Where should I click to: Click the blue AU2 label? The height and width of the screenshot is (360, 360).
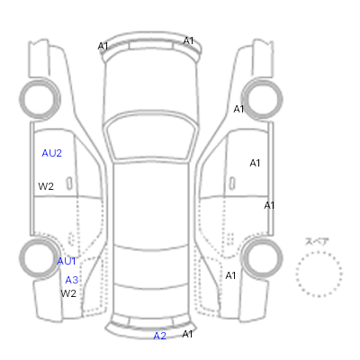pos(51,153)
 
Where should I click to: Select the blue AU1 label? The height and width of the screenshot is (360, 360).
pos(67,261)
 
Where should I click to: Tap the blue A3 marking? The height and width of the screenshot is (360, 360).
pos(72,280)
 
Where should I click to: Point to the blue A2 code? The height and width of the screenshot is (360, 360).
pos(159,336)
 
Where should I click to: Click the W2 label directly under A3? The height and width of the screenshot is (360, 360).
pos(68,293)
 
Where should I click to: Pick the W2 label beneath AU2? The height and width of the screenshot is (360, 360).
pos(46,186)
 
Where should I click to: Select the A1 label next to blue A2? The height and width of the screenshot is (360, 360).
pos(187,334)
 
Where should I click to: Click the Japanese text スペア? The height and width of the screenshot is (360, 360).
pos(317,241)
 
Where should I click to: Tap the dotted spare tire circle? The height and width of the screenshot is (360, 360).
pos(319,252)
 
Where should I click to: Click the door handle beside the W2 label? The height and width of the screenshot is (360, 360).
pos(69,184)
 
